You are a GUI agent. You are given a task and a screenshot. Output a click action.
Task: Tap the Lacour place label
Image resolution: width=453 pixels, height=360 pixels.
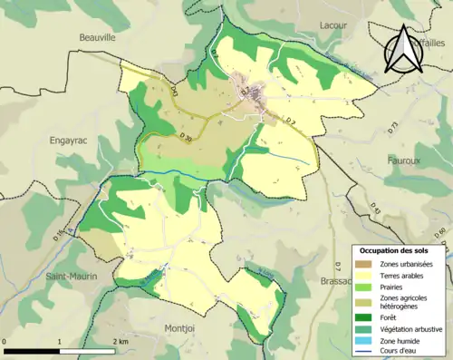[x=333, y=25]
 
